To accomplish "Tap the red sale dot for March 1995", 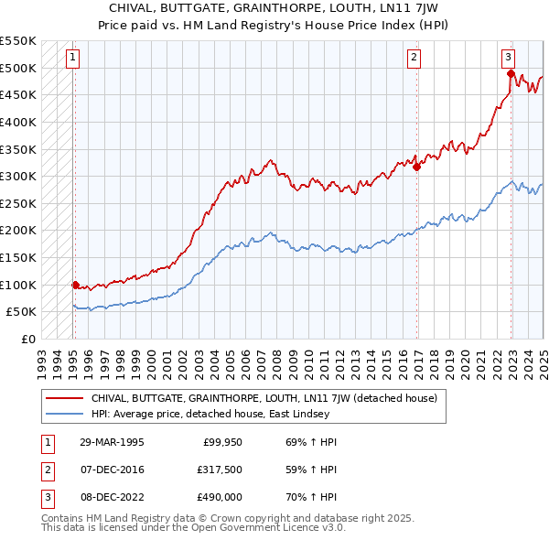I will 75,285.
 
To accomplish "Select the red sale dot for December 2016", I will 416,167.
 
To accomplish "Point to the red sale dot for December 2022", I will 511,74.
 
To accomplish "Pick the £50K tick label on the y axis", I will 23,312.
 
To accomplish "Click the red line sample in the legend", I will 63,398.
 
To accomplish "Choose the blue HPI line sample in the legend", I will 63,413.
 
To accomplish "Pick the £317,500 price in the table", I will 218,470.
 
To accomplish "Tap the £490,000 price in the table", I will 218,497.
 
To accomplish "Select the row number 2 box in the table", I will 45,470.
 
